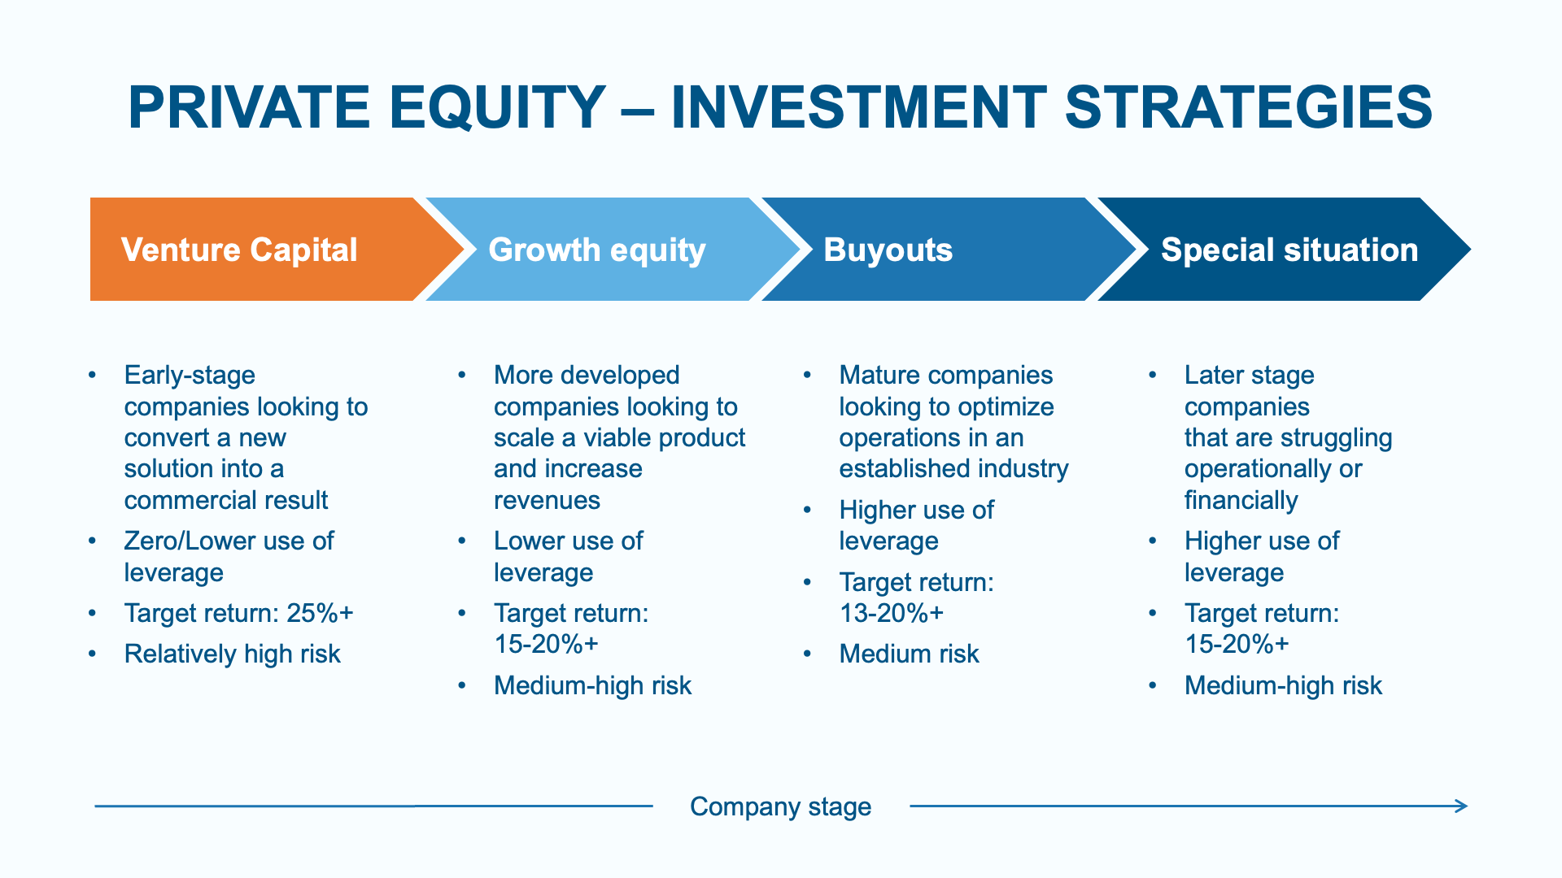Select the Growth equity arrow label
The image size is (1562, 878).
coord(597,250)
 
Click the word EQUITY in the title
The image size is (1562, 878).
coord(497,107)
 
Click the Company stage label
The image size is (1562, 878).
coord(780,806)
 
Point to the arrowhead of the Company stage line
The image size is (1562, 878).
coord(1462,806)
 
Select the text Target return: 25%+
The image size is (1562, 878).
coord(239,613)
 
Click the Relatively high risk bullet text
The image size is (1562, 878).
coord(232,654)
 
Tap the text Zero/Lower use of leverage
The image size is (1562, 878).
coord(229,557)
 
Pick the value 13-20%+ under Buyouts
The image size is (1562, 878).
coord(892,613)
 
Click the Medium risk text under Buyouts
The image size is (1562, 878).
coord(909,654)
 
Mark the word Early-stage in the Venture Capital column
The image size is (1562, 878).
coord(190,376)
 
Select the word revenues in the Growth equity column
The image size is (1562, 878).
coord(547,500)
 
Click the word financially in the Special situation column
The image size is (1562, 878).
coord(1241,501)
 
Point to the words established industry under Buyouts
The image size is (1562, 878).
coord(953,469)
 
